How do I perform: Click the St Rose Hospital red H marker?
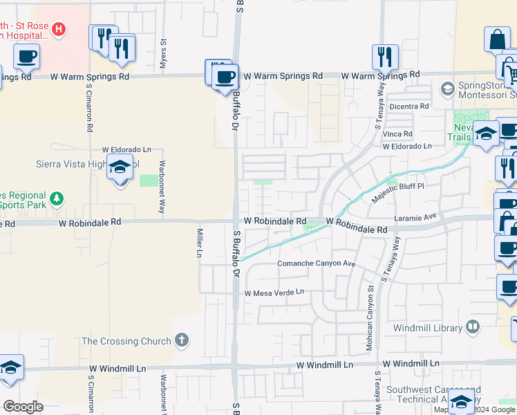pyautogui.click(x=59, y=29)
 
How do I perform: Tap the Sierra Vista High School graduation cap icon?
pyautogui.click(x=121, y=167)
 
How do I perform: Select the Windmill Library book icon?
pyautogui.click(x=473, y=326)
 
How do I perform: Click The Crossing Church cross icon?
pyautogui.click(x=181, y=340)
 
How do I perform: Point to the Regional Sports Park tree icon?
pyautogui.click(x=57, y=199)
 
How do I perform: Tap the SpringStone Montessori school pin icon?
pyautogui.click(x=447, y=89)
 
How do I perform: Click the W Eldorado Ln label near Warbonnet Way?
pyautogui.click(x=126, y=149)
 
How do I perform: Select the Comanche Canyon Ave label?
pyautogui.click(x=316, y=264)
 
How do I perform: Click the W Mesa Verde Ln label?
pyautogui.click(x=274, y=292)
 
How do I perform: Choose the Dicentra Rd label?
pyautogui.click(x=409, y=107)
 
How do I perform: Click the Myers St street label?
pyautogui.click(x=164, y=53)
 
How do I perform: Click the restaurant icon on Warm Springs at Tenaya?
pyautogui.click(x=385, y=57)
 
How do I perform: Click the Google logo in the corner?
pyautogui.click(x=23, y=406)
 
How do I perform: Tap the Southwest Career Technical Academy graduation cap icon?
pyautogui.click(x=461, y=402)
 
